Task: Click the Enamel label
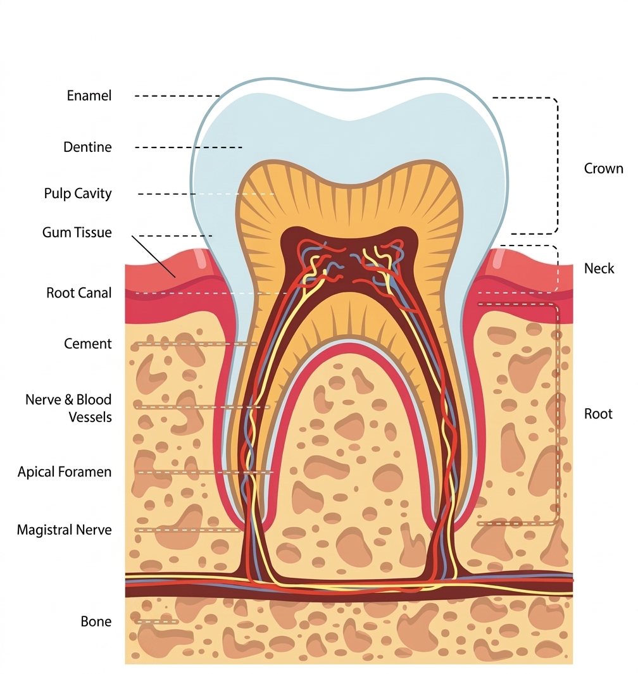point(89,96)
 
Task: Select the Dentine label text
point(87,147)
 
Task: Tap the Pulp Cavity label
point(78,194)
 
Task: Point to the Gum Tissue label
point(77,232)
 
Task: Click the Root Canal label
point(79,293)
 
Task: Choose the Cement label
point(88,344)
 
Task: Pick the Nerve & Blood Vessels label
point(68,408)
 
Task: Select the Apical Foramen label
point(65,472)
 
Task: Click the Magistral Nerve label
point(64,530)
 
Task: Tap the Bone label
point(96,621)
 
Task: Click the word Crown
point(603,169)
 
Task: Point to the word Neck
point(599,268)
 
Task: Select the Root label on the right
point(598,414)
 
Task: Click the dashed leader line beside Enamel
point(177,96)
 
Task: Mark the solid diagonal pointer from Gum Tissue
point(153,257)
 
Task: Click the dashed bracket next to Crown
point(558,165)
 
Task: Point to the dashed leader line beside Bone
point(152,621)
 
